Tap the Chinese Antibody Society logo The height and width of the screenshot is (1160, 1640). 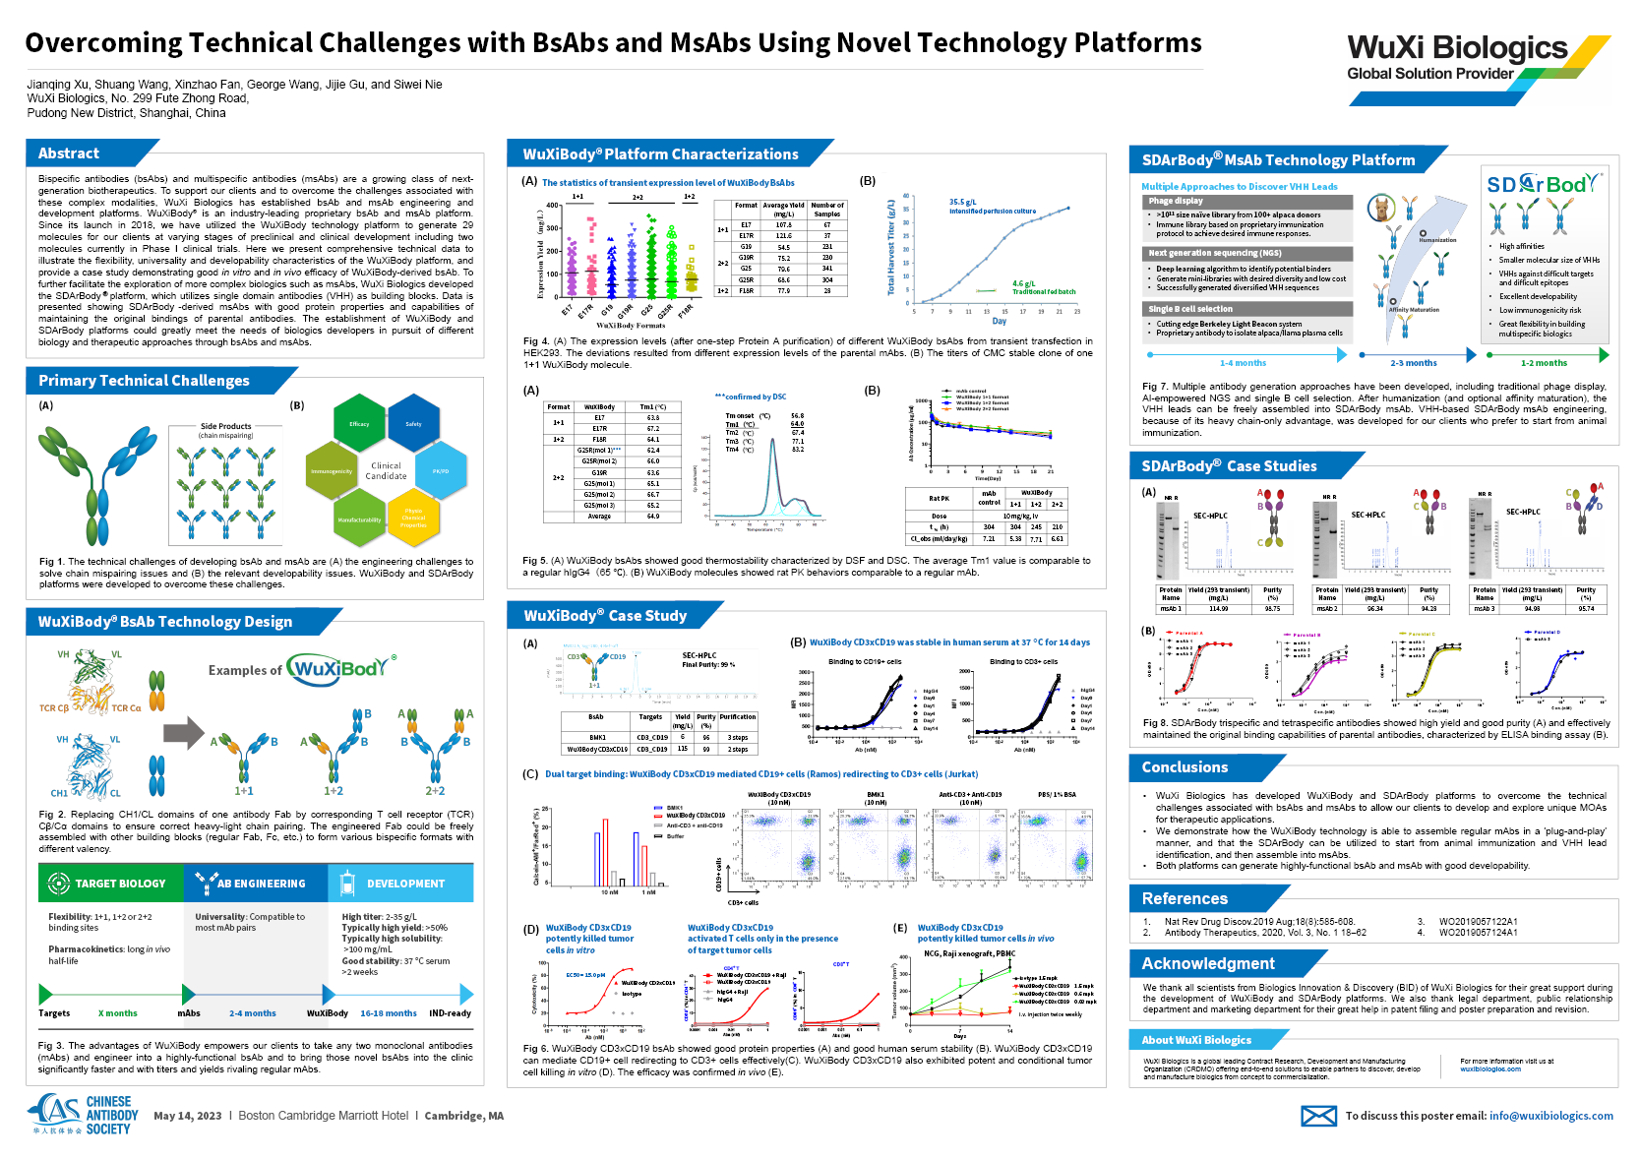click(x=84, y=1115)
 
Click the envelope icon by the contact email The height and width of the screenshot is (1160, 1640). click(x=1318, y=1116)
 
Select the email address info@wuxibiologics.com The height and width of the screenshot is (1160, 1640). click(x=1550, y=1116)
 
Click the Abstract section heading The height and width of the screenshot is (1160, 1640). click(x=69, y=153)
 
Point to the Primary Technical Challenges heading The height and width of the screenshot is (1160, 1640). click(x=144, y=381)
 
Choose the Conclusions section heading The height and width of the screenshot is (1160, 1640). click(x=1184, y=767)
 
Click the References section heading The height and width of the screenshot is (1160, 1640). click(x=1184, y=898)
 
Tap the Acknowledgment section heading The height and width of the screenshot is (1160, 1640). click(x=1208, y=963)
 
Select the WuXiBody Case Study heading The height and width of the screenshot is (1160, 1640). click(x=605, y=616)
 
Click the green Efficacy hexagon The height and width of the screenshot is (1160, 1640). click(x=359, y=424)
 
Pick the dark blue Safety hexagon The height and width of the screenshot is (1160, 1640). click(x=413, y=424)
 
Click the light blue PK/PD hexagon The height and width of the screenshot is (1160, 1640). click(x=441, y=471)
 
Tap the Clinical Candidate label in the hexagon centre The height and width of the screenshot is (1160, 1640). click(x=386, y=470)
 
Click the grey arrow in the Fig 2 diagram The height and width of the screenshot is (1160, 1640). click(x=183, y=733)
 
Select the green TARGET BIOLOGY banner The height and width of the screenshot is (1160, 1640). click(x=111, y=884)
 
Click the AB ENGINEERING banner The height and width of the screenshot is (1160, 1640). click(x=255, y=884)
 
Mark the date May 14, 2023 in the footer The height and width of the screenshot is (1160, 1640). click(x=188, y=1116)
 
